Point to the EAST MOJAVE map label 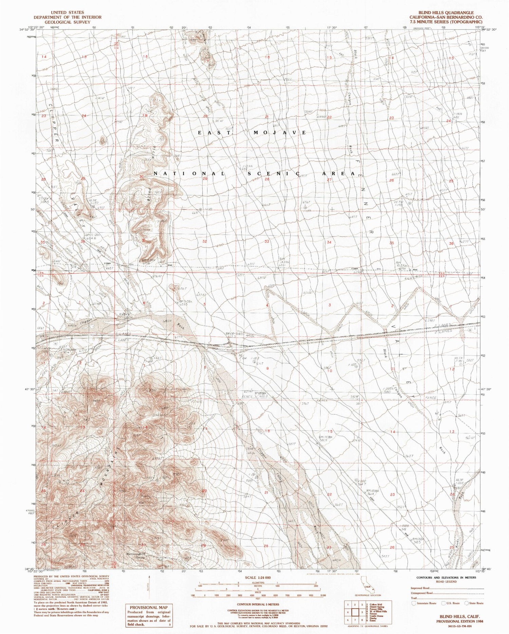(x=253, y=133)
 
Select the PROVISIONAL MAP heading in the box (x=148, y=607)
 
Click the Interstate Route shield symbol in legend (x=413, y=603)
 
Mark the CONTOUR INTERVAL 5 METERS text (x=255, y=604)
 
